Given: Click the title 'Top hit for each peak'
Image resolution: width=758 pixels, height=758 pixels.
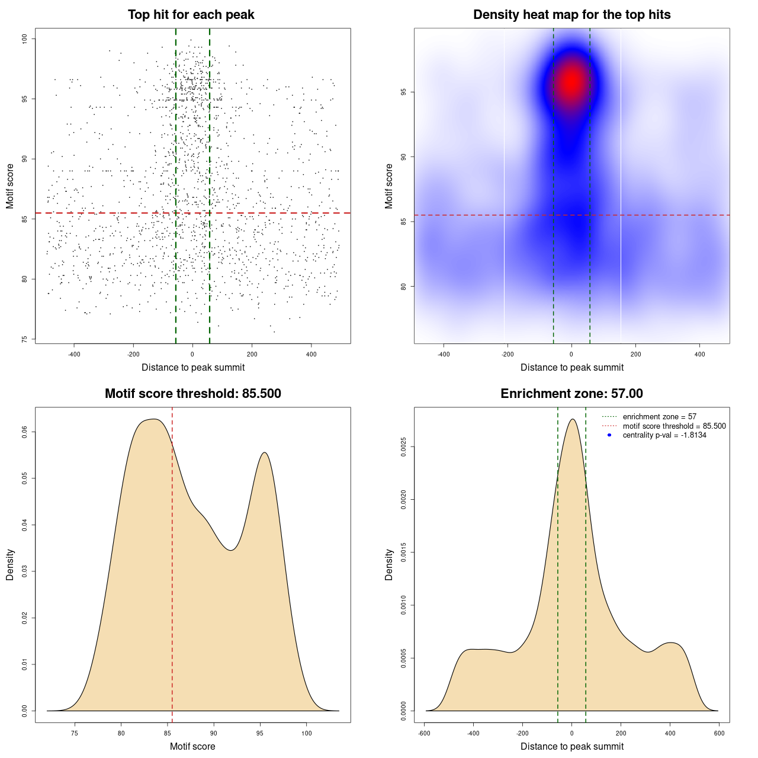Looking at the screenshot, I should point(191,15).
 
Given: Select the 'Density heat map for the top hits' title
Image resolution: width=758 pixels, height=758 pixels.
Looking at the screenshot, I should point(571,15).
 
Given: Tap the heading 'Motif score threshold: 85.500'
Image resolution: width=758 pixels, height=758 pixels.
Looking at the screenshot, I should point(192,394).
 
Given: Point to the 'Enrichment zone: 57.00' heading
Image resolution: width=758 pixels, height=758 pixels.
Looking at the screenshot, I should point(571,394).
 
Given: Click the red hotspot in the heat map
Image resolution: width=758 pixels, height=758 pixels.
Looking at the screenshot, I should point(571,82).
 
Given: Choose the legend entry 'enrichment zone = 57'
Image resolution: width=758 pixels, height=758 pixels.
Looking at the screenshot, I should point(659,417).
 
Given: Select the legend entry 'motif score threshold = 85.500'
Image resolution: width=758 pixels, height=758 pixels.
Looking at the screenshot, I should point(674,426).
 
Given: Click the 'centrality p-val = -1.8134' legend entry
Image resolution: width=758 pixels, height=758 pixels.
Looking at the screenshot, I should point(664,435).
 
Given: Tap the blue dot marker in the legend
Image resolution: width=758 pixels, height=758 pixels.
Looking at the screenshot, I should point(609,435).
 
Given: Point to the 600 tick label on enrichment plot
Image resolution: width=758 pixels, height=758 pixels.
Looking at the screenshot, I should point(719,733).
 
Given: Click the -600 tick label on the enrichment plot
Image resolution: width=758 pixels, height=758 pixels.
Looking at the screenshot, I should point(424,733).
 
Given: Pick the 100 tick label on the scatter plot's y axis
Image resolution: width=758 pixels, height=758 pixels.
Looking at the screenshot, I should point(25,39).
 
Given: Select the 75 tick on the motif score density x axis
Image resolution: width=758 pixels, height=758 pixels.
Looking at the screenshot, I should point(75,733).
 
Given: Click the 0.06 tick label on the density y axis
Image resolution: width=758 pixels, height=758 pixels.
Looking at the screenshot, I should point(25,432).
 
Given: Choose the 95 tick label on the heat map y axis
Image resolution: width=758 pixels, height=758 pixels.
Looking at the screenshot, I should point(404,92).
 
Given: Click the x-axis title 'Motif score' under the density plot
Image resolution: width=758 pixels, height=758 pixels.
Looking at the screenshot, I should point(192,746).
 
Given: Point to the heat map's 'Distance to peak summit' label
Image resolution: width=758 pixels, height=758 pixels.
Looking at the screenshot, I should point(571,367).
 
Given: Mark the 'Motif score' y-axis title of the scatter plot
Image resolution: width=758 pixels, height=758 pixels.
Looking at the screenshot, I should point(10,186).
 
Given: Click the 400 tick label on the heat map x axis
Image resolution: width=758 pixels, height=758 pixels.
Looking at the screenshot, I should point(699,354).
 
